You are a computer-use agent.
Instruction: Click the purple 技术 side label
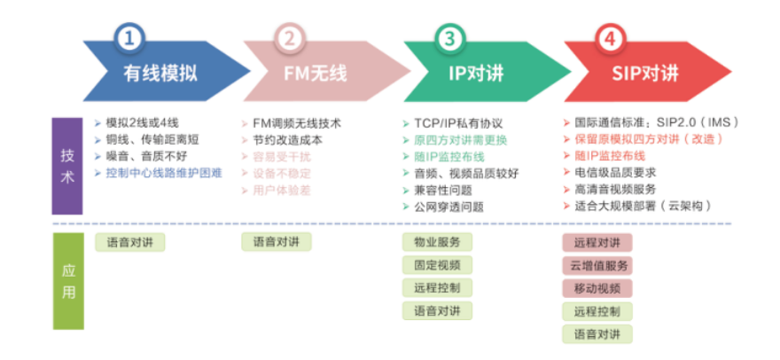pos(67,165)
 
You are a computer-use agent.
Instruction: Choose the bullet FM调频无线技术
pos(296,123)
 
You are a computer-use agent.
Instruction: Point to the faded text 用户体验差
pos(281,191)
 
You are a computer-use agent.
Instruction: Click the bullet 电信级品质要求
pos(614,174)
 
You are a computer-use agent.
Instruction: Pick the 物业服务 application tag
pos(437,242)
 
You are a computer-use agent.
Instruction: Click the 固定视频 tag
pos(437,265)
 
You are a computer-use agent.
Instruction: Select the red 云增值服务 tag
pos(597,265)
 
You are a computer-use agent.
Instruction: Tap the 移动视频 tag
pos(597,288)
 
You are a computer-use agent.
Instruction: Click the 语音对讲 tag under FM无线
pos(277,242)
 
